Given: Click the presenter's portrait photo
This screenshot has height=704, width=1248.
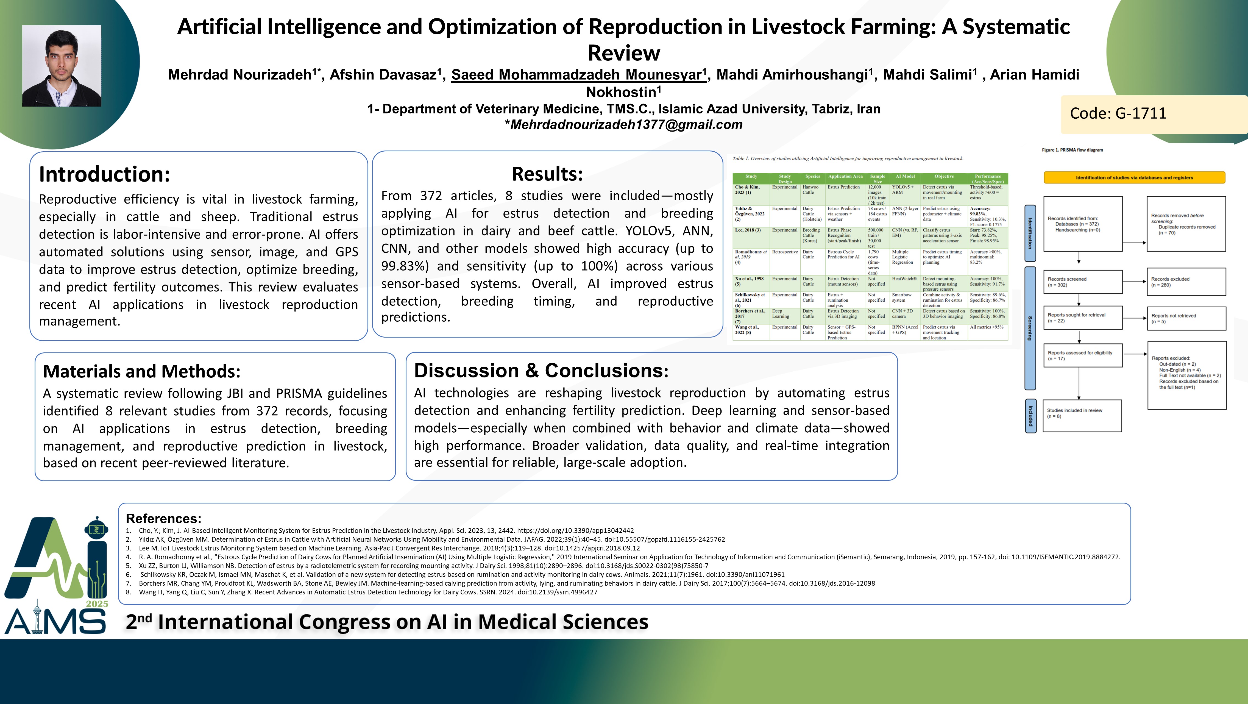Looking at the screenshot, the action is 62,66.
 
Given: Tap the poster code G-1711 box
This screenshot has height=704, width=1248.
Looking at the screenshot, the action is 1154,114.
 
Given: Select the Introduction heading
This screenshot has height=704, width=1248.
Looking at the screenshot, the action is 105,174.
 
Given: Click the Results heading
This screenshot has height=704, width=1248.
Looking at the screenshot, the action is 547,173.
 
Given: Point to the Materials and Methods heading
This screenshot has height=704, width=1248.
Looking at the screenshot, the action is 141,371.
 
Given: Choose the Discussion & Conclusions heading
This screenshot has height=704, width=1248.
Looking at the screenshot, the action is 541,370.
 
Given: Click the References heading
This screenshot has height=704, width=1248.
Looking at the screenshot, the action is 164,518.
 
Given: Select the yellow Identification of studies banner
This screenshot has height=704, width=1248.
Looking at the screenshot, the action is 1134,177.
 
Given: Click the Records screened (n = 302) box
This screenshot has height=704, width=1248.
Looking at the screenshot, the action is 1083,282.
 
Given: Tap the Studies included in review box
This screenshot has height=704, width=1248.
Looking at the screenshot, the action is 1083,416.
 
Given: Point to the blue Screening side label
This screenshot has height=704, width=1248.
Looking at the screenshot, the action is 1030,328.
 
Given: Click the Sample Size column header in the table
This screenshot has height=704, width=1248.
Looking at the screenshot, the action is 878,178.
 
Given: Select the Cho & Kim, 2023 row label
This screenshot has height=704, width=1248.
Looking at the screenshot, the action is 748,190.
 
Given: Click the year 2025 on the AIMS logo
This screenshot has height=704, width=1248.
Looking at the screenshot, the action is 97,604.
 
